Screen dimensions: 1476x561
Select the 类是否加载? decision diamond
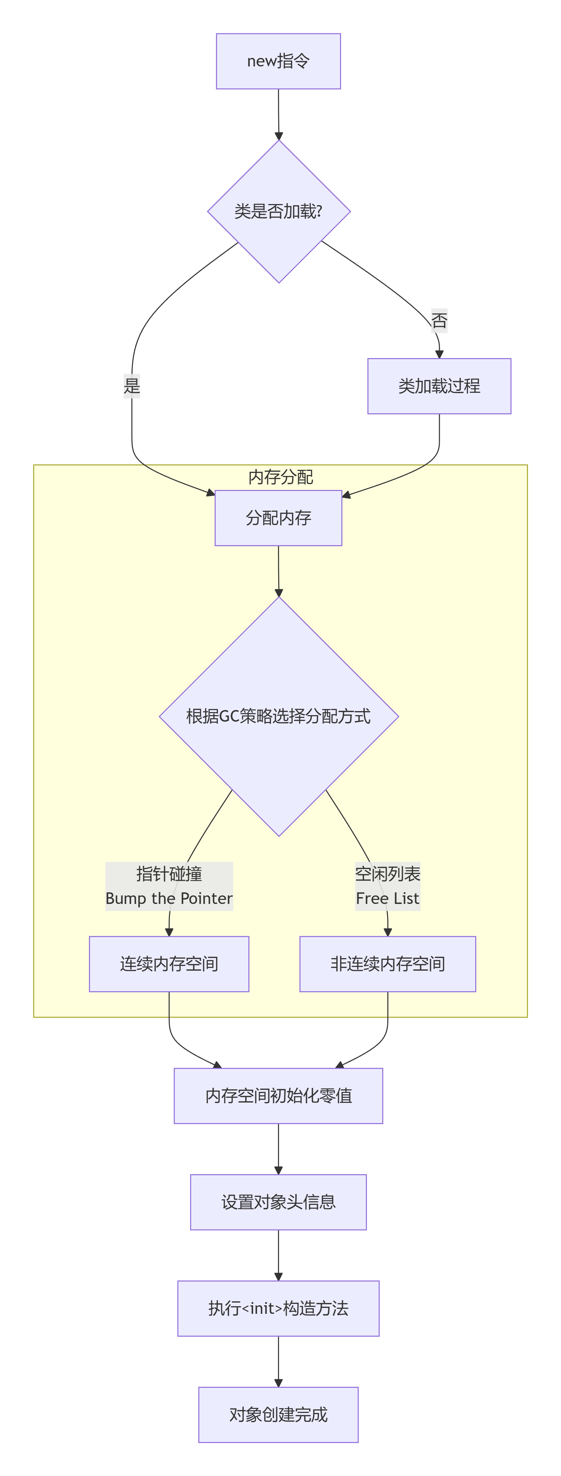[279, 212]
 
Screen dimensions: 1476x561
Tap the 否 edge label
[439, 320]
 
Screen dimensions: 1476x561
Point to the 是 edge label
[132, 386]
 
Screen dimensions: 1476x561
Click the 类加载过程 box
[439, 386]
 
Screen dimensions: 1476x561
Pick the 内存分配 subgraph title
[280, 477]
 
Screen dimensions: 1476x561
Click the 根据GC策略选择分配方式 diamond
[279, 716]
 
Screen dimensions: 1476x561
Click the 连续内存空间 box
[169, 964]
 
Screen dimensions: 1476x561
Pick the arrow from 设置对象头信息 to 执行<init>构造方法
[279, 1255]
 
